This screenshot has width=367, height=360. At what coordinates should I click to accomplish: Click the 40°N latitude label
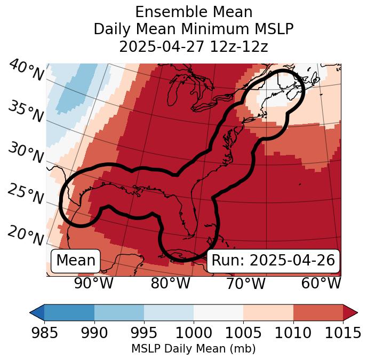tap(26, 71)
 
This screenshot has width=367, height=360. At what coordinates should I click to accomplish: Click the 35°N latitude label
tap(25, 111)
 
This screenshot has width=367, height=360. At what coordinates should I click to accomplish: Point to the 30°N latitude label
tap(25, 153)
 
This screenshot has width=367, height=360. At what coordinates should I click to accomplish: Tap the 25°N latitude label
tap(25, 194)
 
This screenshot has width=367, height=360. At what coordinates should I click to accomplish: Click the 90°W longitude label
tap(94, 283)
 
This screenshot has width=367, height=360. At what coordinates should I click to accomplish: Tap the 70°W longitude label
tap(246, 283)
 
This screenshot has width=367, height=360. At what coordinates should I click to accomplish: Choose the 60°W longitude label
tap(321, 283)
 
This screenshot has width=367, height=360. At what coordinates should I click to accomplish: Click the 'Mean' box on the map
tap(76, 261)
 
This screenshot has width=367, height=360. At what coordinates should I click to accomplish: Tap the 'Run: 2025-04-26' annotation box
tap(273, 261)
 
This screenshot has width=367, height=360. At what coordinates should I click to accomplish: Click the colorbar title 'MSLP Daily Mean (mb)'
tap(194, 349)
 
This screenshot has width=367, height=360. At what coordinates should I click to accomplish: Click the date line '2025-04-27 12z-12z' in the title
tap(194, 46)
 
